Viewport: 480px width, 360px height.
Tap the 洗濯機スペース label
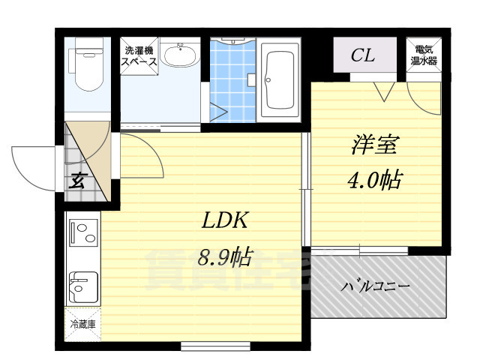click(x=140, y=57)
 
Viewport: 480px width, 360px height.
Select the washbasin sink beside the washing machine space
click(x=180, y=56)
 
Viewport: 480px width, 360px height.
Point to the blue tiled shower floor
click(x=232, y=79)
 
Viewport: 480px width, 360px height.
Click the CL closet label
click(x=364, y=55)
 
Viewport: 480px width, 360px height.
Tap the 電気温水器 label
click(x=424, y=55)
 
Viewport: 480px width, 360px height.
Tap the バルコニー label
click(x=377, y=286)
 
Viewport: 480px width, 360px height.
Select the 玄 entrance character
click(x=77, y=180)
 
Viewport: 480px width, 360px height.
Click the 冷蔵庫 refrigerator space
click(x=82, y=325)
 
